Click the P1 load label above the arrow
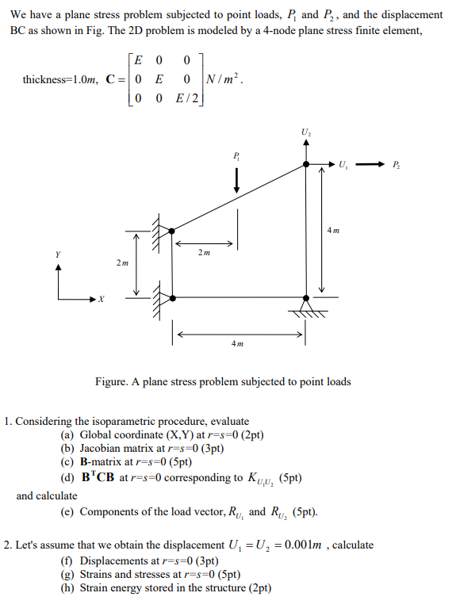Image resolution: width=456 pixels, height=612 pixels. (x=236, y=155)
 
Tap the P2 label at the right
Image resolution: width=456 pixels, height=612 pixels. (x=396, y=165)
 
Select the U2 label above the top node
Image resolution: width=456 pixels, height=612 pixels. (x=306, y=131)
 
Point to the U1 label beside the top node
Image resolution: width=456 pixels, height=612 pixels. (x=342, y=165)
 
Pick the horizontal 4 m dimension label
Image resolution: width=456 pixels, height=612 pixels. (x=237, y=344)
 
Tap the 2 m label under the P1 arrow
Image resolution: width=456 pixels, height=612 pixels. (x=204, y=254)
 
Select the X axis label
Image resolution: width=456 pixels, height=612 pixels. (x=101, y=300)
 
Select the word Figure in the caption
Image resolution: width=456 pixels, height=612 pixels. (x=111, y=382)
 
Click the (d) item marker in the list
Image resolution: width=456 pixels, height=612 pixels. (x=68, y=478)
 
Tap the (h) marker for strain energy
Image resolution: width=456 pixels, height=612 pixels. (x=68, y=589)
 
